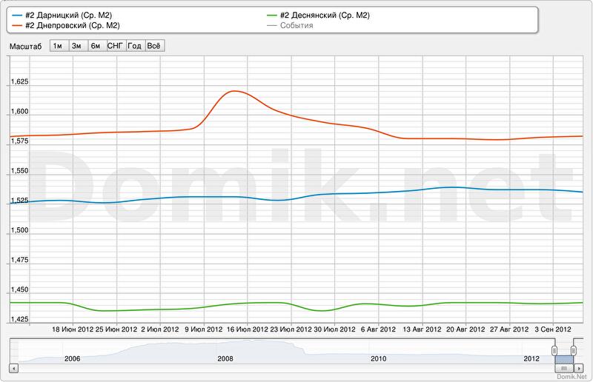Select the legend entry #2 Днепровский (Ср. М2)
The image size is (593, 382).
[x=67, y=26]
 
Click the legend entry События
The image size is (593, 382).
[x=296, y=26]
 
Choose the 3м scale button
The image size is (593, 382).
[x=76, y=45]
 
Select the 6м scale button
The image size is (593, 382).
[x=96, y=45]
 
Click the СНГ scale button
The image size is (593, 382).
[x=115, y=45]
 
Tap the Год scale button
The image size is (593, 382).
[x=134, y=45]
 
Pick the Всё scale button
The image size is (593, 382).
[x=154, y=45]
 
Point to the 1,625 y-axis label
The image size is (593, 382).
[x=19, y=82]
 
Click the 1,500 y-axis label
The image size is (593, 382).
[x=19, y=230]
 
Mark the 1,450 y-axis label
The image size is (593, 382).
[x=19, y=289]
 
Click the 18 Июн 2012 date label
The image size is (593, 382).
[x=73, y=329]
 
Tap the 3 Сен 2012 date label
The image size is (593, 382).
[x=553, y=329]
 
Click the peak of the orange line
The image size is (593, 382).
[x=234, y=90]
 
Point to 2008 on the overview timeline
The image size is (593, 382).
[x=225, y=359]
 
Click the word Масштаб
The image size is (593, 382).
[x=26, y=46]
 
